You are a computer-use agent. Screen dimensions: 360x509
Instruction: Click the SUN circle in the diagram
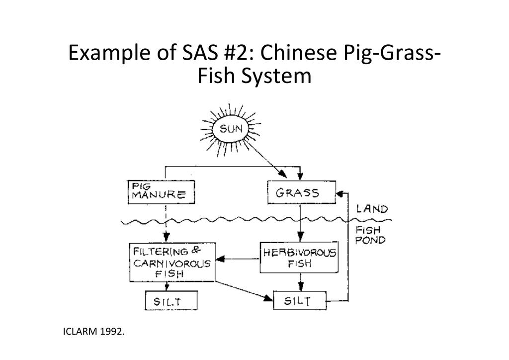click(231, 131)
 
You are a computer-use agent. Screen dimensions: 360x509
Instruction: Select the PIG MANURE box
click(161, 192)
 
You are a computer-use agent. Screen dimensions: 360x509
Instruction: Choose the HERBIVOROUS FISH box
click(299, 258)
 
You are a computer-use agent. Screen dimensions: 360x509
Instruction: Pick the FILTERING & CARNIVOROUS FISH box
click(172, 262)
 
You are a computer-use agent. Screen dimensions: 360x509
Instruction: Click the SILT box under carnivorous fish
click(171, 301)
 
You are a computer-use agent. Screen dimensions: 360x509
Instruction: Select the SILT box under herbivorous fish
click(300, 301)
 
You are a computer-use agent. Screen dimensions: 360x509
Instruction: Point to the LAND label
click(372, 209)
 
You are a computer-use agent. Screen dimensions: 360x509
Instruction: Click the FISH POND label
click(370, 235)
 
